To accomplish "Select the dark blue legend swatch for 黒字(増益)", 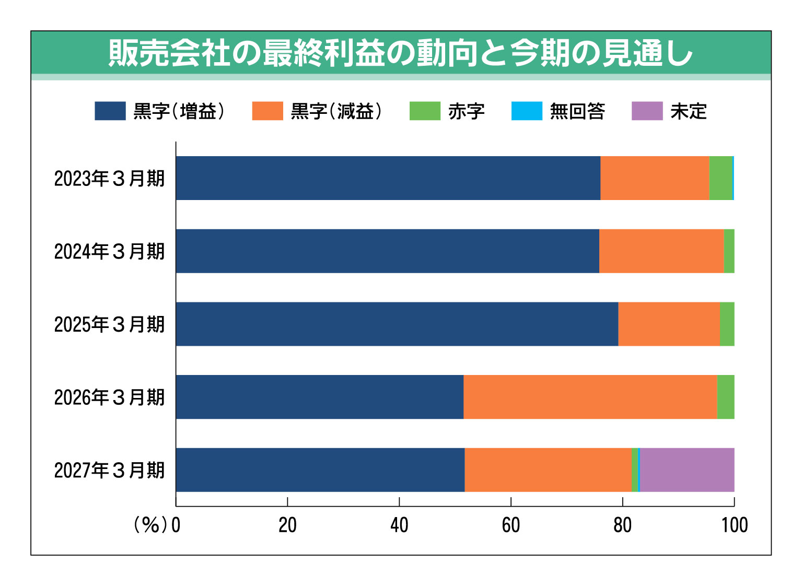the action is pos(110,111).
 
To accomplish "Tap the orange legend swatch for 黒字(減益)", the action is pos(268,111).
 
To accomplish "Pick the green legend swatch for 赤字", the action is pos(425,111).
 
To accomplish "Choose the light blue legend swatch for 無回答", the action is pos(527,111).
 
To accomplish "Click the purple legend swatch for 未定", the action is pos(647,111).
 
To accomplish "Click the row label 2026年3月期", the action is pos(110,397).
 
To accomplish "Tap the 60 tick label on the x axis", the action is pos(510,525).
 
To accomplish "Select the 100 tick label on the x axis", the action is pos(734,525).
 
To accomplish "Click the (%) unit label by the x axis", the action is pos(150,525).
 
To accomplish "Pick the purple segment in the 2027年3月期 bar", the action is pos(687,470).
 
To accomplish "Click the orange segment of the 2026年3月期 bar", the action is pos(590,397).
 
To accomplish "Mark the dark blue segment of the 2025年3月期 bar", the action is pos(397,324).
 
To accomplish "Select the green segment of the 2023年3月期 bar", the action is pos(720,178).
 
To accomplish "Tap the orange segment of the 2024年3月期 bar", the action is pos(661,251).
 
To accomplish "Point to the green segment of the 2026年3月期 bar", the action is pos(726,397).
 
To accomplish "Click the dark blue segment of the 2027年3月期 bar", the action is pos(320,470).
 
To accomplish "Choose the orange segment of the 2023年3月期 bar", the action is pos(655,178).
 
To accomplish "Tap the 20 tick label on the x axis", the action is pos(287,525).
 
